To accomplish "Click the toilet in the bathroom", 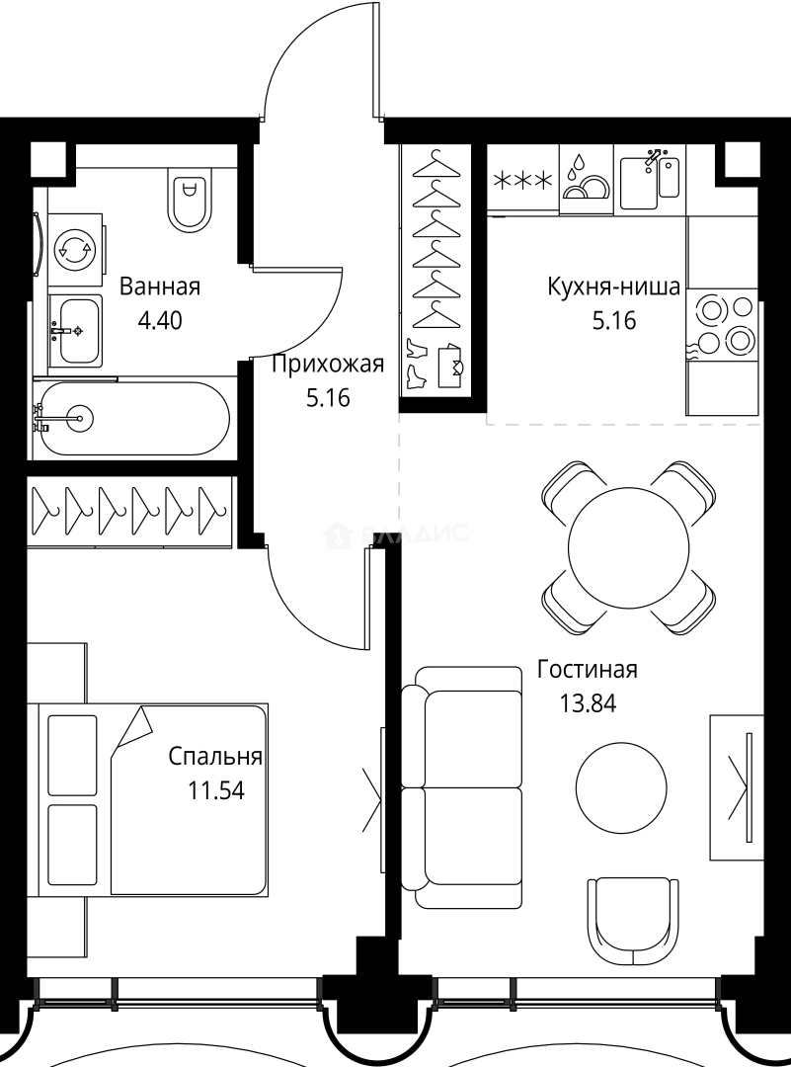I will point(189,199).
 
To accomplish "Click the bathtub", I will point(133,419).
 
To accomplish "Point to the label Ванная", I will point(159,287).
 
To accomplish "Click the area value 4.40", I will point(160,321).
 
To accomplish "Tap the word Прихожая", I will point(327,366).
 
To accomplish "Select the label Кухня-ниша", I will point(613,287).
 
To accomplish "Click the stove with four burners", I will point(724,325).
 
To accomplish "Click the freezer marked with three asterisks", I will point(523,180).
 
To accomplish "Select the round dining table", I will point(628,545).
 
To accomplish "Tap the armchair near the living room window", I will point(633,914).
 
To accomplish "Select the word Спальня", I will point(215,757).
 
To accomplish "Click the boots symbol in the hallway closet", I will point(416,363).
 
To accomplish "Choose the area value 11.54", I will point(215,790).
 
